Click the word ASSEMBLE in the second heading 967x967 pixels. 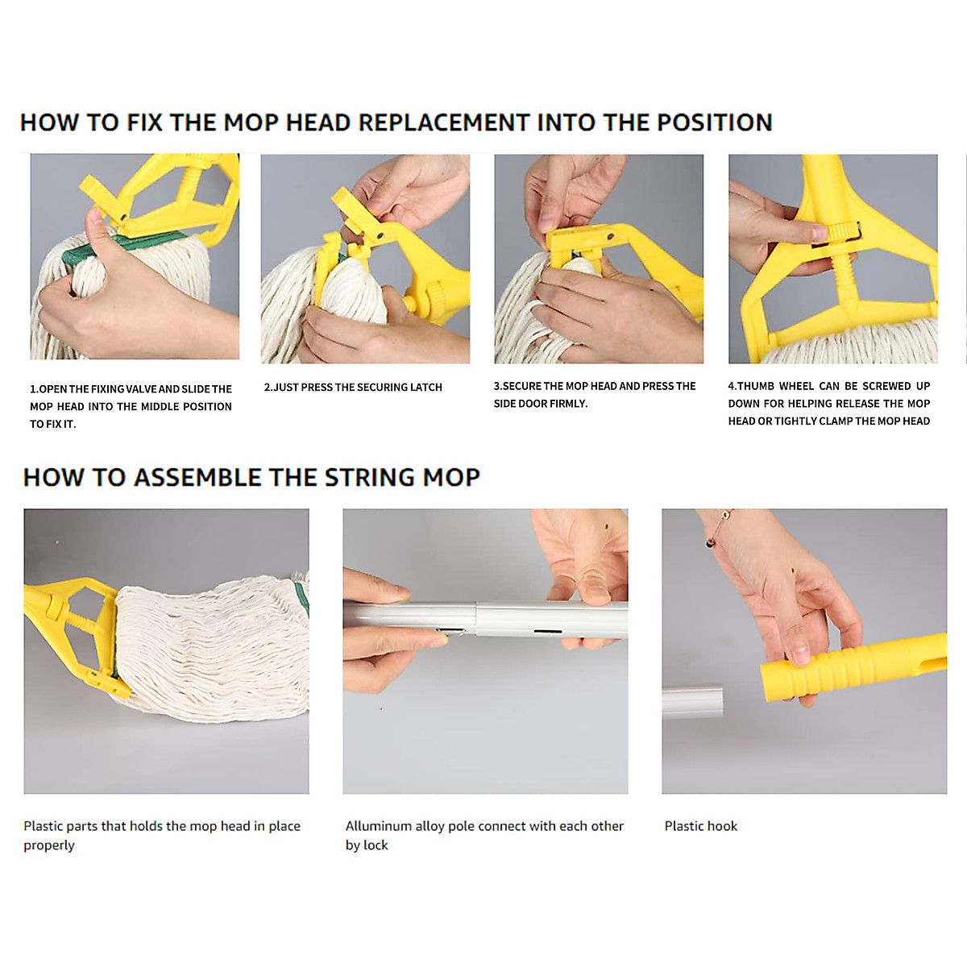click(197, 477)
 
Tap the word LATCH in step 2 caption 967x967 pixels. click(425, 388)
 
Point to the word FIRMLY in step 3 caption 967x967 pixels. click(568, 404)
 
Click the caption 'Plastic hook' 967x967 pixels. click(700, 826)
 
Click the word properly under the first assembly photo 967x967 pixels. click(48, 845)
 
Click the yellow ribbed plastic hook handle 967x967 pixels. click(838, 665)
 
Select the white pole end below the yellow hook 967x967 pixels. click(692, 701)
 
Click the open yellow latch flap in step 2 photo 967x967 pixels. click(347, 211)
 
